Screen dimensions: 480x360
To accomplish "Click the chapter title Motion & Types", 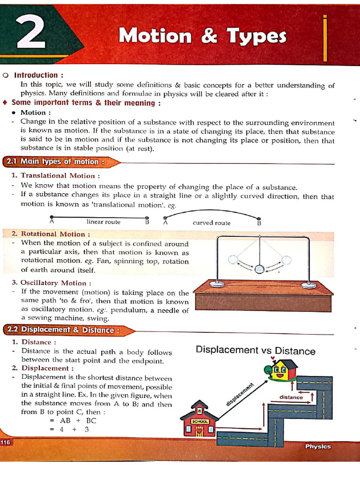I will tap(202, 36).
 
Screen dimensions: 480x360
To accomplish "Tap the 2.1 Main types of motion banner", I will tap(54, 162).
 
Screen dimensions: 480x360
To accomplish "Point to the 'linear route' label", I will tap(103, 222).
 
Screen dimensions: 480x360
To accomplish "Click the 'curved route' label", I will tap(211, 223).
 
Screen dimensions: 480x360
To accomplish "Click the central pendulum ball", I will tap(260, 269).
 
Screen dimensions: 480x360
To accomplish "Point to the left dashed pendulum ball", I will tap(233, 260).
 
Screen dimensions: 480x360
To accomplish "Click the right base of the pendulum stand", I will tap(308, 284).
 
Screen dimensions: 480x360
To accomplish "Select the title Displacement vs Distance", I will tap(255, 351).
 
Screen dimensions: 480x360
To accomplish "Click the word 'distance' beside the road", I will tap(291, 397).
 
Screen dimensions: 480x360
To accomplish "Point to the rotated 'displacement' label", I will tap(240, 394).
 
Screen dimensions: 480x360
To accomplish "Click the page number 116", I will tap(6, 442).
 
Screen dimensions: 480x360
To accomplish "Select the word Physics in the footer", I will tap(318, 446).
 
